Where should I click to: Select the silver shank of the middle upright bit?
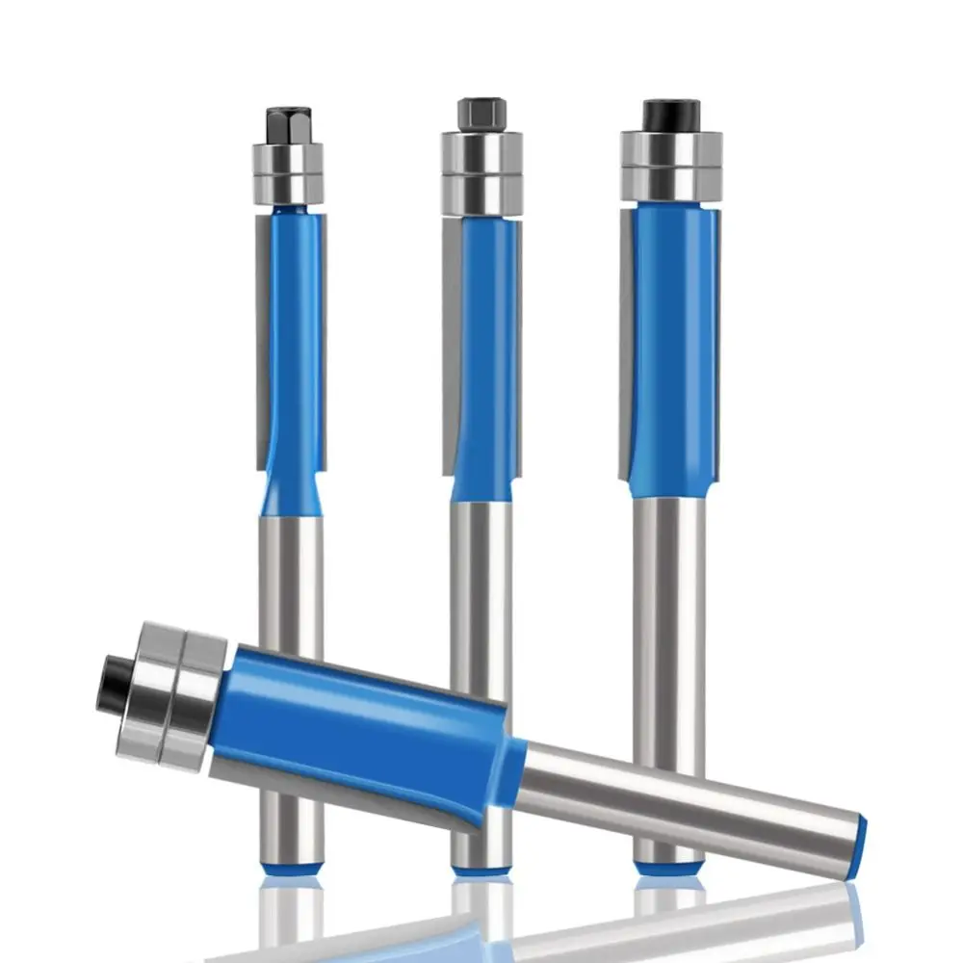point(481,578)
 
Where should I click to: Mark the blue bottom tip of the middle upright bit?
point(481,870)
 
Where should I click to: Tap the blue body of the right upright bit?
point(674,347)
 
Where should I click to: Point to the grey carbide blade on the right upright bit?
point(626,347)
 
